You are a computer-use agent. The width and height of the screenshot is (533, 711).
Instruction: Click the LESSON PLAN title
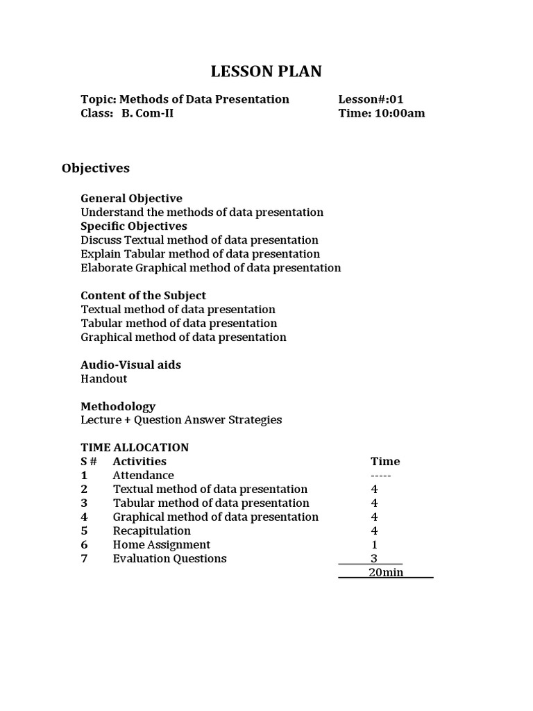point(266,72)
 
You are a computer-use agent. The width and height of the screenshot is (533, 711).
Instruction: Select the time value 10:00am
point(400,113)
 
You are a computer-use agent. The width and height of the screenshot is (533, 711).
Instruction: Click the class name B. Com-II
point(147,113)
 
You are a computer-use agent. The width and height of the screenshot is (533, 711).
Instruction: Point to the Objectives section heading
point(96,168)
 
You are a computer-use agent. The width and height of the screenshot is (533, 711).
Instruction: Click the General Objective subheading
point(131,199)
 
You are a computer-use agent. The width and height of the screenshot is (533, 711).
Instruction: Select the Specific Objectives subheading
point(134,226)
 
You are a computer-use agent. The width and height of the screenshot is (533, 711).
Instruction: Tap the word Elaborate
point(106,268)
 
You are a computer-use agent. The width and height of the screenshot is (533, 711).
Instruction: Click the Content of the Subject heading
point(143,296)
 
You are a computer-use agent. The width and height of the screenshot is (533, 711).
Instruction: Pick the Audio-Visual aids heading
point(131,365)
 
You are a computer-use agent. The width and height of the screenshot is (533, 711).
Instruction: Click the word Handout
point(104,379)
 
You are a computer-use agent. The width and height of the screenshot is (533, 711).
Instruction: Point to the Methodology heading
point(118,406)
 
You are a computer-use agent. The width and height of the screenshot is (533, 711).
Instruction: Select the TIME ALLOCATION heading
point(135,447)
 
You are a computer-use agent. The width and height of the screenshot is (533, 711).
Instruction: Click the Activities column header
point(139,461)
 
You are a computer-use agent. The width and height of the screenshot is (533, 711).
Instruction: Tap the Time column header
point(385,461)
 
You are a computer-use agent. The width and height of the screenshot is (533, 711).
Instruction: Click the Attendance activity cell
point(144,476)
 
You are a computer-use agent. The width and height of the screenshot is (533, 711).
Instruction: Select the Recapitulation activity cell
point(152,531)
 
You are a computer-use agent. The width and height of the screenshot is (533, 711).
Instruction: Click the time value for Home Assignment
point(375,545)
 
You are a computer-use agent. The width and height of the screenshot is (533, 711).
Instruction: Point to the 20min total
point(386,573)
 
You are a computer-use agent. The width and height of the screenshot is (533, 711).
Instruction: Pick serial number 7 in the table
point(84,559)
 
